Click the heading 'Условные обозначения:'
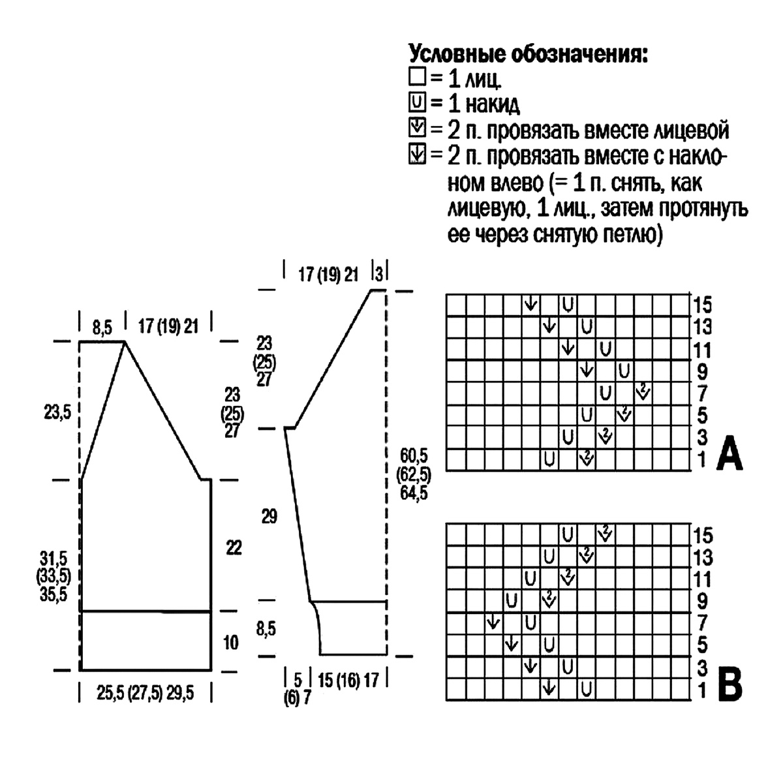tap(529, 54)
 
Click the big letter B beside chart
tap(729, 683)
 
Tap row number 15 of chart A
tap(703, 305)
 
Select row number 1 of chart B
tap(702, 690)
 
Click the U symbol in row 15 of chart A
tap(568, 303)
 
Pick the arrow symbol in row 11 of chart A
tap(568, 348)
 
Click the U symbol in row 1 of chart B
tap(587, 688)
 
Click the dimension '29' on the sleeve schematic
tap(269, 517)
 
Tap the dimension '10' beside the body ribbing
tap(231, 643)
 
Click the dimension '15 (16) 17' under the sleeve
tap(347, 681)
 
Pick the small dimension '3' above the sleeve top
tap(379, 273)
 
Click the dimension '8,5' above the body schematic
tap(101, 326)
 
